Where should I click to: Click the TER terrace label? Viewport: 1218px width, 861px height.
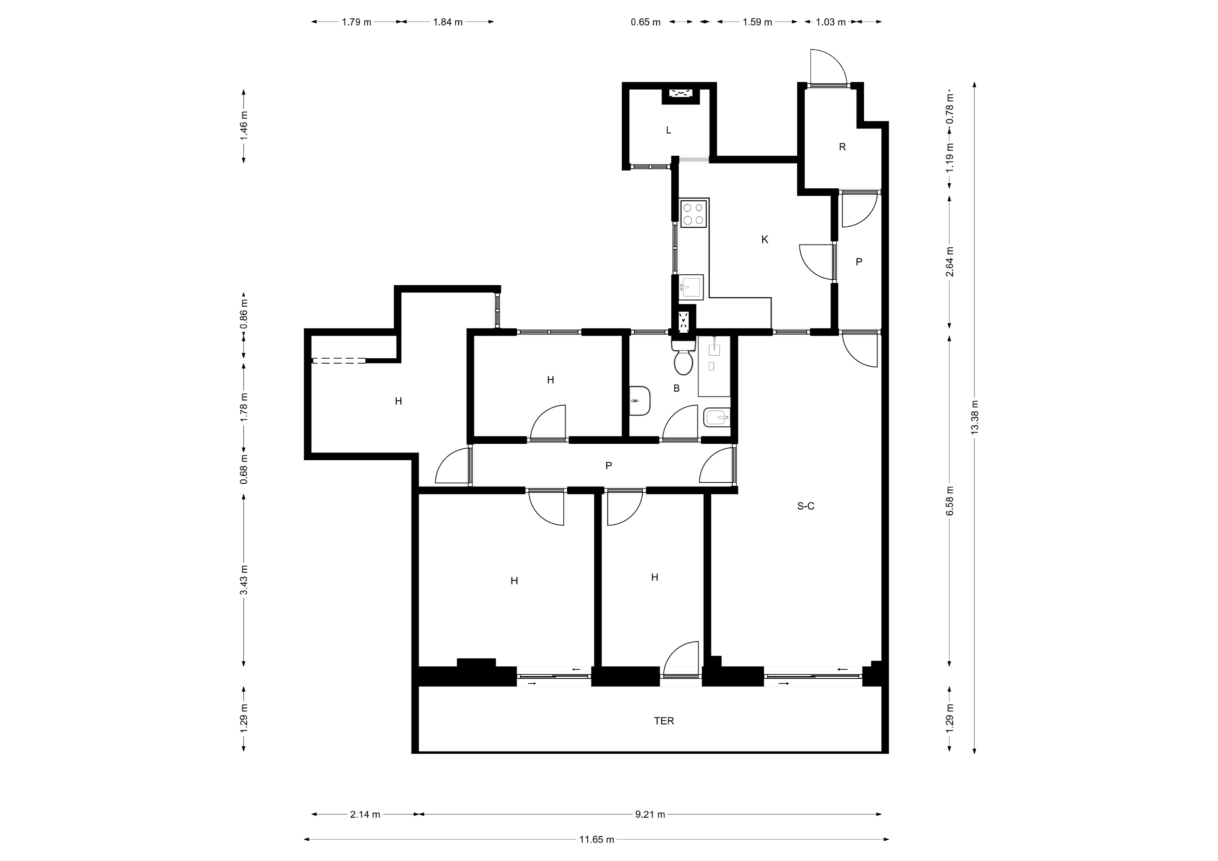tap(664, 721)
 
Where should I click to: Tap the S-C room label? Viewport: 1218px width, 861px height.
tap(805, 506)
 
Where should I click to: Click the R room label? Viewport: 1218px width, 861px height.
tap(842, 147)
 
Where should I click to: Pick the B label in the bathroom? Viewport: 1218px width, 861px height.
tap(676, 388)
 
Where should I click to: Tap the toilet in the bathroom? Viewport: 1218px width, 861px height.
tap(683, 358)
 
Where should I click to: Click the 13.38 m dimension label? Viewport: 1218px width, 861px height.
tap(974, 417)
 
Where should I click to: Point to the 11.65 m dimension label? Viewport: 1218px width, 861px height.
tap(597, 839)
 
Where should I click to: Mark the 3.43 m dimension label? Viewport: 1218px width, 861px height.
tap(244, 580)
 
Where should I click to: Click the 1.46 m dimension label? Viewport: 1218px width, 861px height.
tap(244, 125)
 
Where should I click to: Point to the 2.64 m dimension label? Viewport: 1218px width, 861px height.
tap(950, 262)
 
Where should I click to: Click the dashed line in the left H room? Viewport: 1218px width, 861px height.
tap(338, 361)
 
